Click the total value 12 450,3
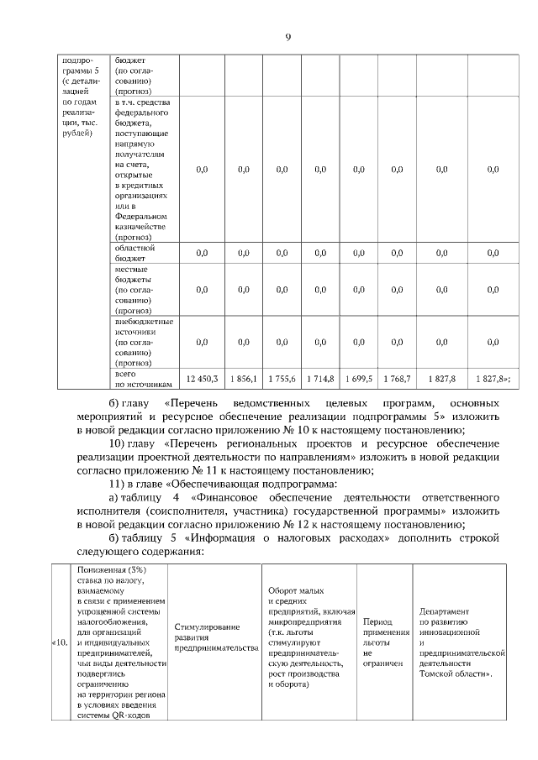[x=202, y=380]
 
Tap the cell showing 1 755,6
[x=282, y=380]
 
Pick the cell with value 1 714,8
[x=320, y=380]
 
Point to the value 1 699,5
[x=359, y=380]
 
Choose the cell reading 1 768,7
[x=397, y=380]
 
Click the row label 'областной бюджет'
[x=134, y=254]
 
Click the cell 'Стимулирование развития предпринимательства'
[x=210, y=637]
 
